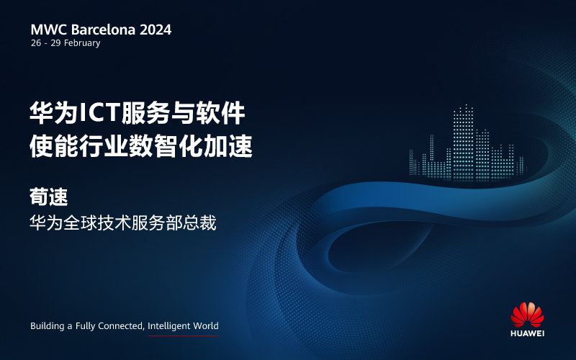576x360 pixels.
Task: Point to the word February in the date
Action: click(82, 43)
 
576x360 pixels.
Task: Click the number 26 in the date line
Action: click(36, 43)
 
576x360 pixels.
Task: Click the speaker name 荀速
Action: click(49, 197)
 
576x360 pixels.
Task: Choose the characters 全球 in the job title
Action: click(80, 223)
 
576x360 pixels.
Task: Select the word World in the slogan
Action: click(206, 326)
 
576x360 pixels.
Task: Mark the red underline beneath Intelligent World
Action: click(184, 336)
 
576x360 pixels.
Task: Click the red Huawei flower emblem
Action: click(527, 315)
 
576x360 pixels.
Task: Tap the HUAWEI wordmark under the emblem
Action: click(527, 333)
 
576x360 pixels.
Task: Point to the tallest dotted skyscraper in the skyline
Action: click(464, 142)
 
